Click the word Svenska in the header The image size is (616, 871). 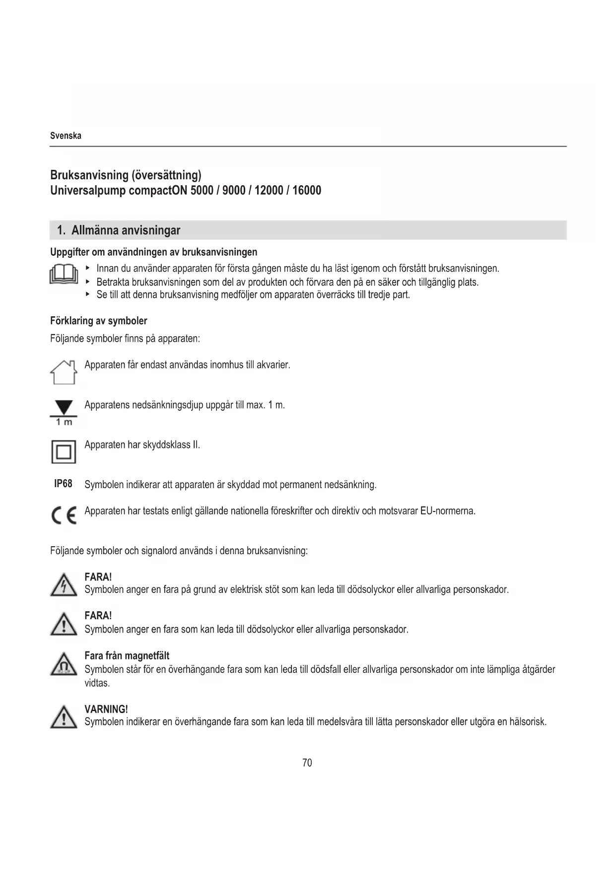[66, 136]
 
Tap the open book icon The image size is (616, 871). [64, 274]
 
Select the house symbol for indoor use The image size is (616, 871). [64, 372]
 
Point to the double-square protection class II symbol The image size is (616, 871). [64, 452]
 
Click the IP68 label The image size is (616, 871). [63, 484]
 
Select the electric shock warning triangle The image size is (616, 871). [64, 584]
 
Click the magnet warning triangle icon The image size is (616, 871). [64, 664]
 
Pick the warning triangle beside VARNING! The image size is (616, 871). [64, 717]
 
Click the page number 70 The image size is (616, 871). [307, 762]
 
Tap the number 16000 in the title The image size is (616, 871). [307, 190]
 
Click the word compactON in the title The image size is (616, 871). [158, 190]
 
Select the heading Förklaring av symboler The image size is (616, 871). [99, 321]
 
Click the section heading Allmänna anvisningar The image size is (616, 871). [126, 230]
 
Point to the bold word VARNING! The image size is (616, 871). [106, 709]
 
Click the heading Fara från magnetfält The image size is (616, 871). [127, 655]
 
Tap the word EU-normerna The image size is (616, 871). [448, 510]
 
